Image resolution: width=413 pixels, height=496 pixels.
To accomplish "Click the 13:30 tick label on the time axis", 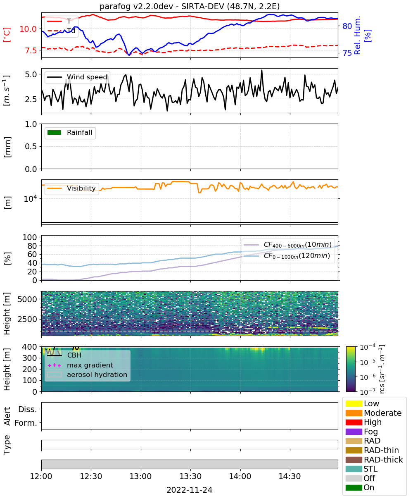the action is tap(190, 476).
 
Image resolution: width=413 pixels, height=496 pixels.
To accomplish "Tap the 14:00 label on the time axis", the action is tap(240, 476).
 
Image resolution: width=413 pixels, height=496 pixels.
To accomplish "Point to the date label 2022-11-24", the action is tap(190, 490).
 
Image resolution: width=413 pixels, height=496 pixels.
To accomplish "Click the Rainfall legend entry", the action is tap(70, 132).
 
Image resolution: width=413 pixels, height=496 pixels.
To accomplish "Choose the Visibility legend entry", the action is tap(71, 188).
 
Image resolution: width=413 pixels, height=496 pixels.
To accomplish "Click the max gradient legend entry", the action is tap(80, 365).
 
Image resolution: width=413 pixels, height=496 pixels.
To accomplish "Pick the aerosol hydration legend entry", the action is tap(87, 374).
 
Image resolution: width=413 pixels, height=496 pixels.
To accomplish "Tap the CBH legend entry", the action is tap(64, 355).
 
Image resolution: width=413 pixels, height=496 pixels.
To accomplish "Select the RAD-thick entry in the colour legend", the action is tap(374, 460).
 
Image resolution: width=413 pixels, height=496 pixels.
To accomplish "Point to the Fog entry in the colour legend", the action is tap(361, 432).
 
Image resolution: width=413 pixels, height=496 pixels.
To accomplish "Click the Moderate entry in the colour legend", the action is tap(373, 413).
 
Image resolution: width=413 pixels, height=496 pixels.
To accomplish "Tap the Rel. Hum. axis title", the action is tap(357, 35).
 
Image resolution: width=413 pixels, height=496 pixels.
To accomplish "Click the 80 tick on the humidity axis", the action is tap(347, 26).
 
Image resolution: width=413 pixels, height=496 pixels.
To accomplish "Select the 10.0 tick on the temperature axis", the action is tap(28, 29).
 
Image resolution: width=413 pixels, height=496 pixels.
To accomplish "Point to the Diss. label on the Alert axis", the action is tap(28, 409).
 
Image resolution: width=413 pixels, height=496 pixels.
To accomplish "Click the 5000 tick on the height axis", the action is tap(27, 299).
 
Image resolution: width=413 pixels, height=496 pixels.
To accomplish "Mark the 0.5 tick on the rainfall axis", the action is tap(31, 146).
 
